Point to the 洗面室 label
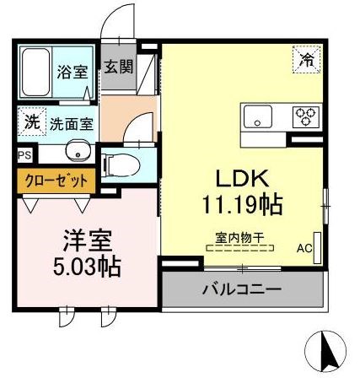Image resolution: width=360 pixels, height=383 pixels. [70, 123]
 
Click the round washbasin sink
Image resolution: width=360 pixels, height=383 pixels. [78, 153]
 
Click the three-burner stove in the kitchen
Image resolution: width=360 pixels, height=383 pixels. [306, 116]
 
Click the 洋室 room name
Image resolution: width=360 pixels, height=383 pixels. [83, 240]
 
